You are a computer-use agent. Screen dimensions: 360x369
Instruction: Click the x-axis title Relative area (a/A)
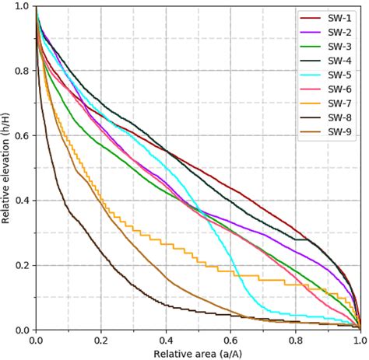tap(198, 353)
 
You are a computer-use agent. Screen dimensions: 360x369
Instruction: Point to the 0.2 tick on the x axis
tap(100, 340)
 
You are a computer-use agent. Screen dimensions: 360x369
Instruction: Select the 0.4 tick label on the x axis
tap(165, 340)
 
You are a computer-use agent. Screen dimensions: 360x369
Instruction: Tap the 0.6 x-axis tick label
tap(230, 340)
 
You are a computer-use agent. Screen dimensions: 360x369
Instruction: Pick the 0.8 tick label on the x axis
tap(295, 340)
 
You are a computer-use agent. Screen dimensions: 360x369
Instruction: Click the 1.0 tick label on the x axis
tap(358, 340)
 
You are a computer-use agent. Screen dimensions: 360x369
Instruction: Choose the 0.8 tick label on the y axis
tap(23, 71)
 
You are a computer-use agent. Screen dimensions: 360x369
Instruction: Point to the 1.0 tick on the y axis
tap(23, 7)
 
